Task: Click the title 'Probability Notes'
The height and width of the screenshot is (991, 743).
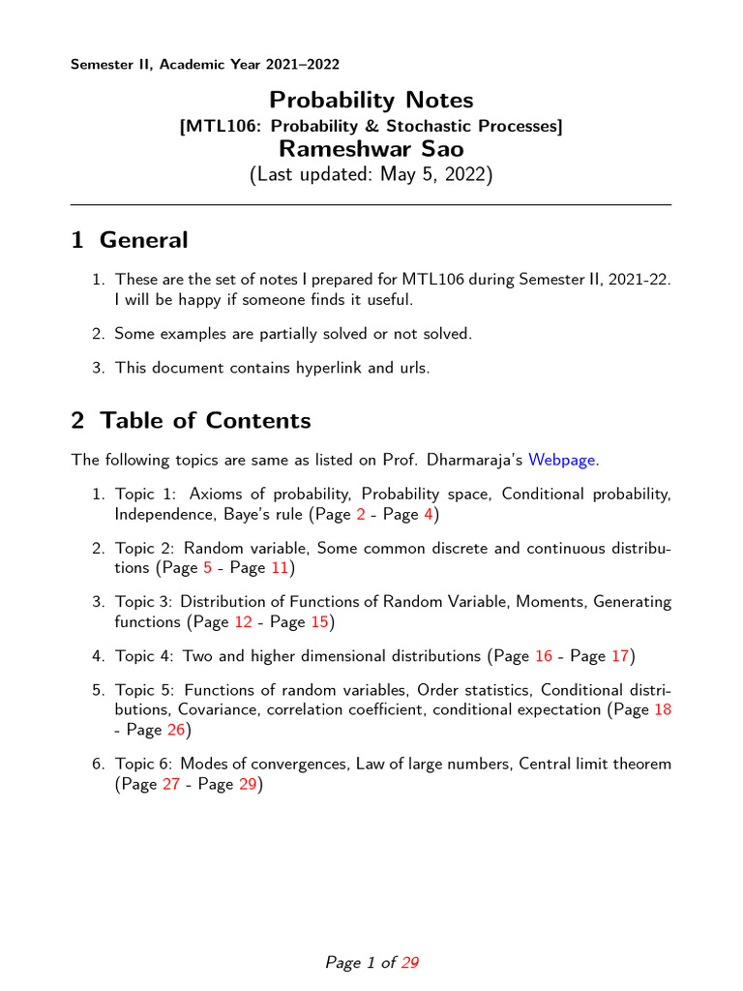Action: pos(371,100)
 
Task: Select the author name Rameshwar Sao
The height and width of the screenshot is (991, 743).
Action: pos(371,148)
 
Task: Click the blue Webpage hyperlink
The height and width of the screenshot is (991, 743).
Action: pos(561,460)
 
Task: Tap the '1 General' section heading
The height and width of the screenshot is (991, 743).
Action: pos(129,240)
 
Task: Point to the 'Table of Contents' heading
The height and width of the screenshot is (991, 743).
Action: pos(191,421)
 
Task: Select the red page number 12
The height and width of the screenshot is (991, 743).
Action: pos(243,621)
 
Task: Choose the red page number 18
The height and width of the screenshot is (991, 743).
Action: pos(663,709)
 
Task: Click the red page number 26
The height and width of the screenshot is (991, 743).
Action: pos(175,730)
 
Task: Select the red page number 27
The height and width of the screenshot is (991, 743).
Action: pos(170,784)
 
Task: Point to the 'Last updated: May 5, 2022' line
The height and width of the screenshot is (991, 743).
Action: pos(371,175)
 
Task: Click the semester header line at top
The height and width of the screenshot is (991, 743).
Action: pos(205,65)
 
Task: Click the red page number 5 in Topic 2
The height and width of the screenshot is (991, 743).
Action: pos(207,567)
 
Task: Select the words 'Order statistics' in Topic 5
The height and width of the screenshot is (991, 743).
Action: pos(475,690)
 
